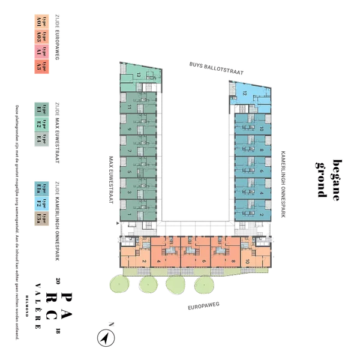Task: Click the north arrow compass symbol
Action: pos(106,338)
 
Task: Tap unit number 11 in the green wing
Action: pos(129,107)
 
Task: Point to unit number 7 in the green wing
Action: pos(129,151)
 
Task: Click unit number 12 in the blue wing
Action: pos(244,93)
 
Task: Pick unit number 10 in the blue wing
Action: pos(261,129)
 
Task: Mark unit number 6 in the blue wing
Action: pos(261,171)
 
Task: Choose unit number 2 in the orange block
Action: pos(145,261)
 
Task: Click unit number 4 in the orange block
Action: pos(158,261)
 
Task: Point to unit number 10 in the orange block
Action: pos(246,261)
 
